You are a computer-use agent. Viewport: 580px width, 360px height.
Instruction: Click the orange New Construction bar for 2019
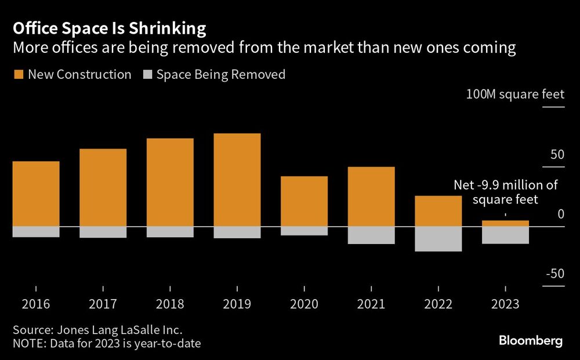237,180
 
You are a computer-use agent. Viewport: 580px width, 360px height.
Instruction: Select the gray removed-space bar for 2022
439,239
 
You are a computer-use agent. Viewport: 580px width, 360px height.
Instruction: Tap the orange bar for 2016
36,194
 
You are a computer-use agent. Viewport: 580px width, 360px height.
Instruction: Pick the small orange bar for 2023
506,223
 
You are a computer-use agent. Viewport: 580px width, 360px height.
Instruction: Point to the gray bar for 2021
372,235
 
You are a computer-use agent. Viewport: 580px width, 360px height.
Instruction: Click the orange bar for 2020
304,201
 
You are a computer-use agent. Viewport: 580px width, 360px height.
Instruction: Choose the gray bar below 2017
103,232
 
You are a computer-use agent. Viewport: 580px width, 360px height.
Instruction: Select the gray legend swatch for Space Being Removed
147,75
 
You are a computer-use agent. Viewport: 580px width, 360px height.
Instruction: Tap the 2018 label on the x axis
170,304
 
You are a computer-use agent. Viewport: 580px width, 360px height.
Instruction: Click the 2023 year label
506,304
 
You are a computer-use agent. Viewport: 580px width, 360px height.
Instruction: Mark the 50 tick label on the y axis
557,155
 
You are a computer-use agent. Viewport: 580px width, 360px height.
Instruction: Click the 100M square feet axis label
515,94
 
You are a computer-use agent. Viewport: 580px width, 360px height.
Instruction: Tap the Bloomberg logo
531,341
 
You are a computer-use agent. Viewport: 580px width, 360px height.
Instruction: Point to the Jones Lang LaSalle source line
97,330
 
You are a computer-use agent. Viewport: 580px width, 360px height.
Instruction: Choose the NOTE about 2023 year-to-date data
107,343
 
